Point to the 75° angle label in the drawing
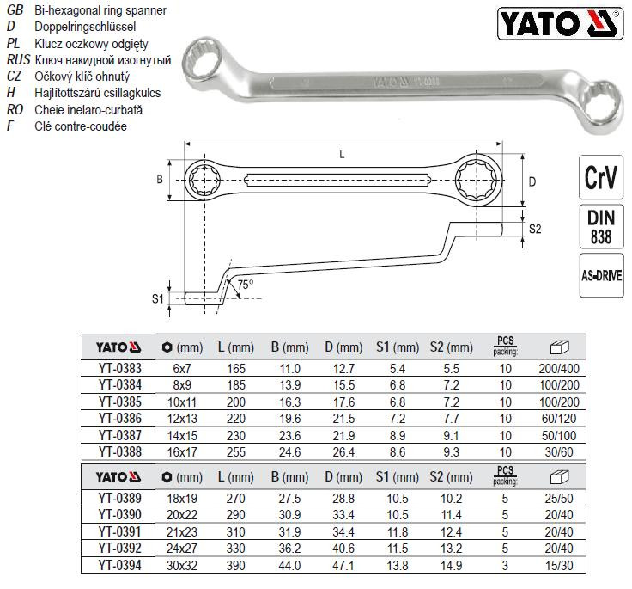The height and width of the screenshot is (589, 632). click(x=245, y=284)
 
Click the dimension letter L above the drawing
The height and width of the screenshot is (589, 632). click(x=343, y=154)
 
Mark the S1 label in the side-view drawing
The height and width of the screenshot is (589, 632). click(x=157, y=298)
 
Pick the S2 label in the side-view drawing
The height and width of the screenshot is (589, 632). click(x=534, y=230)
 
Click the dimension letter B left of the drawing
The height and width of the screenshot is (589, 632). click(x=159, y=180)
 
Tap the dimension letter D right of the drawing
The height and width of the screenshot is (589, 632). click(x=532, y=182)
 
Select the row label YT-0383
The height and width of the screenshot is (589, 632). click(x=117, y=368)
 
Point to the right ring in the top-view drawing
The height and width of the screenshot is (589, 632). click(x=477, y=181)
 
